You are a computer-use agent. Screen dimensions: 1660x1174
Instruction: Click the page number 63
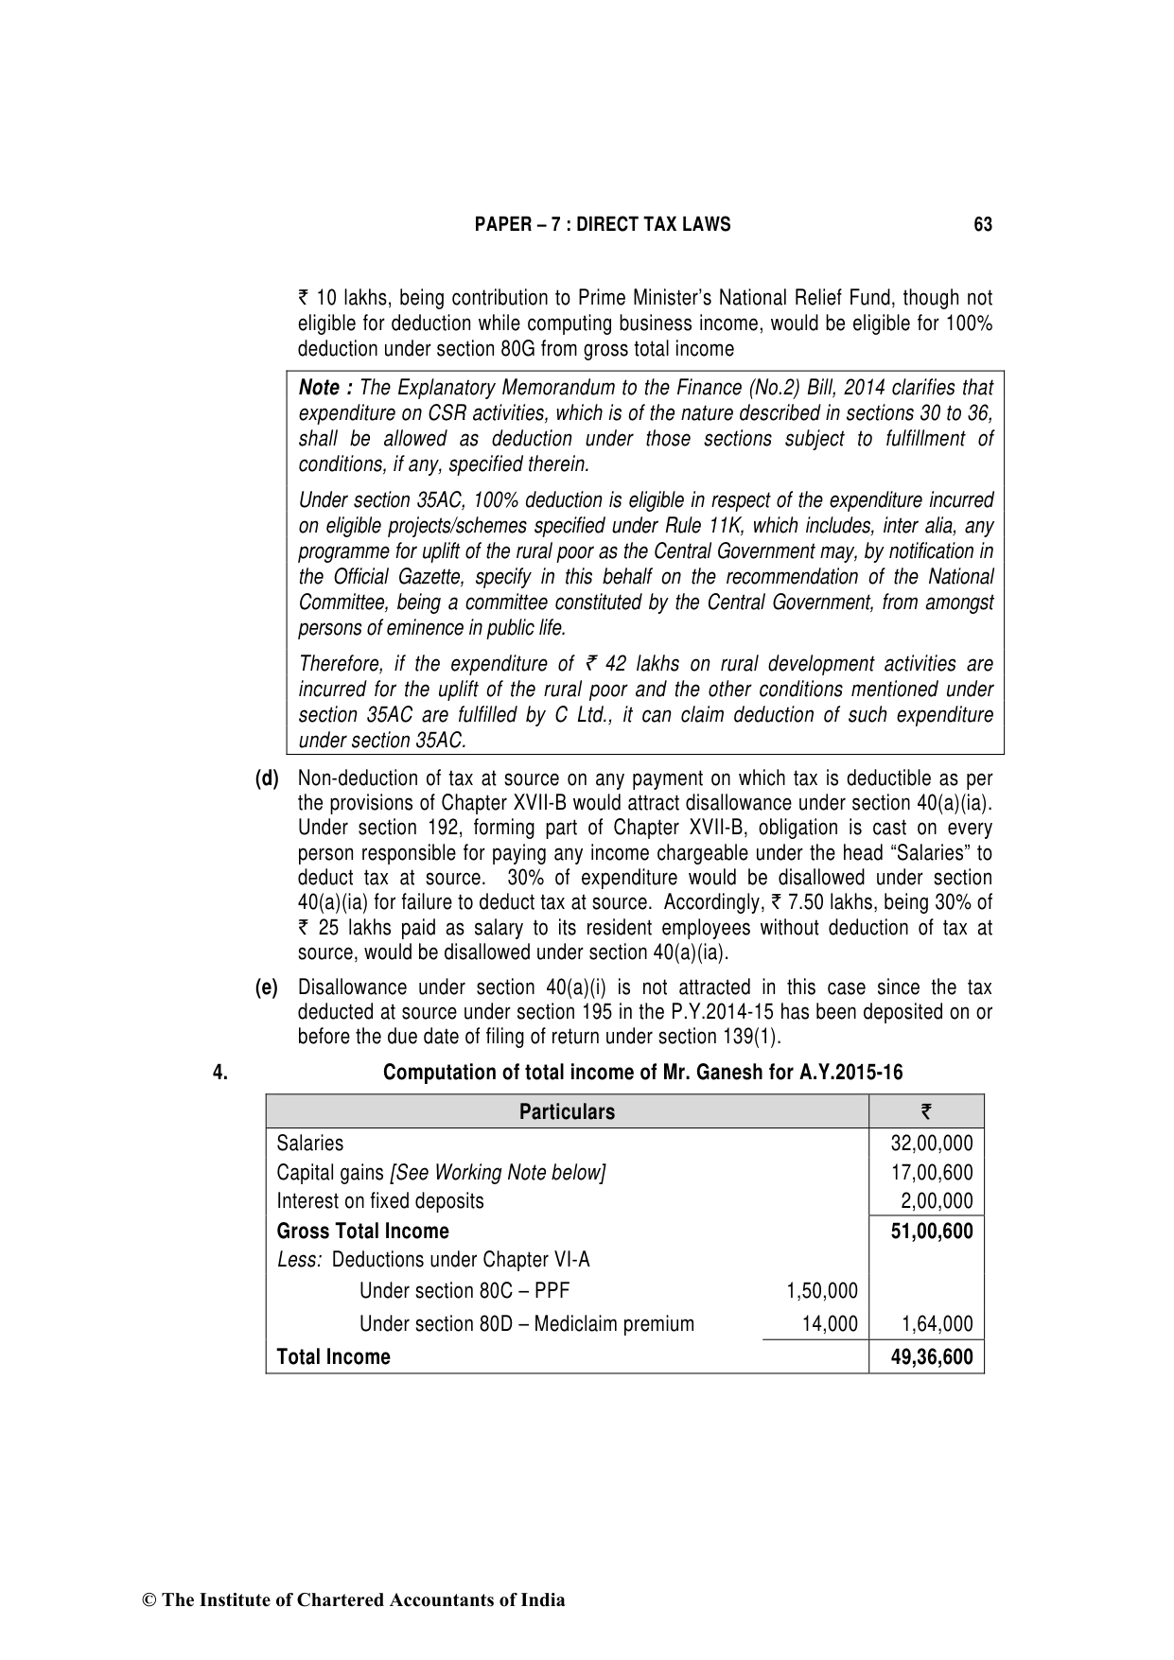click(982, 225)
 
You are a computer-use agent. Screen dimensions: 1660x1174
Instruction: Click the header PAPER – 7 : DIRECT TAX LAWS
click(602, 225)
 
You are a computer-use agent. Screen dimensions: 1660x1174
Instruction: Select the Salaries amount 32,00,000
click(931, 1144)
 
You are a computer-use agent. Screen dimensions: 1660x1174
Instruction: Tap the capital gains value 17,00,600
click(931, 1173)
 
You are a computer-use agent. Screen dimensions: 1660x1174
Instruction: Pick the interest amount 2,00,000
click(937, 1201)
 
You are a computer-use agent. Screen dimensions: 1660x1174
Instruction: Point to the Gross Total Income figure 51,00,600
click(931, 1232)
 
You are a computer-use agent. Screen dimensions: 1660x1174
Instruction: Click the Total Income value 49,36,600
click(931, 1357)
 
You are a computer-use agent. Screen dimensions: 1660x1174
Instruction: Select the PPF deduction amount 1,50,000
click(821, 1291)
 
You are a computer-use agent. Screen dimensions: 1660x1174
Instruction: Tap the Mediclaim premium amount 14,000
click(829, 1324)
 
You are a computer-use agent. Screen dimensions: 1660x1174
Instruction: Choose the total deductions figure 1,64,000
click(937, 1324)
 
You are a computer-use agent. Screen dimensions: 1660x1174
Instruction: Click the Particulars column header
click(567, 1112)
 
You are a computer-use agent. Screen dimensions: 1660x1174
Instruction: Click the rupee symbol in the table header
click(926, 1112)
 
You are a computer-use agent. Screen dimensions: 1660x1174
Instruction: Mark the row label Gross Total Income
click(362, 1232)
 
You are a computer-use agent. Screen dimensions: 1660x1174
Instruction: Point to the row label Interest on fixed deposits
click(379, 1201)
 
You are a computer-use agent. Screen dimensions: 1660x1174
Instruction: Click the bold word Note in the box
click(319, 388)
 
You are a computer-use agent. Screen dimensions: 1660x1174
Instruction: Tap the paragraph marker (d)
click(267, 778)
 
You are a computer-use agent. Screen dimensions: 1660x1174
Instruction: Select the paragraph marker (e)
click(267, 987)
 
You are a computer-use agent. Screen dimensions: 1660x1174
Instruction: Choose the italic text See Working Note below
click(498, 1173)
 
